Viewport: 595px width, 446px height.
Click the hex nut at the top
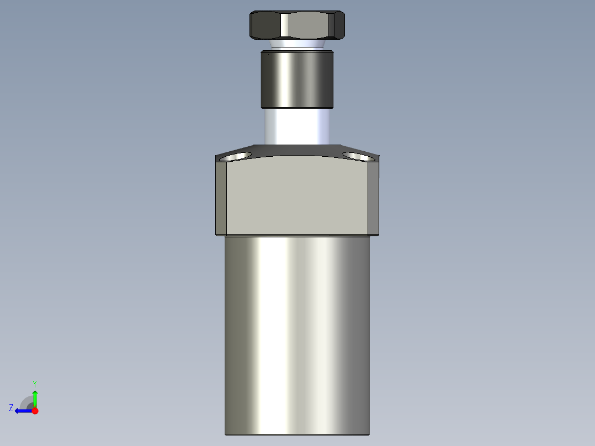pos(297,25)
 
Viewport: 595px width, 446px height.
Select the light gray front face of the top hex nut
pos(310,25)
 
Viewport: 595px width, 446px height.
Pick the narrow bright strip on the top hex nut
pos(284,25)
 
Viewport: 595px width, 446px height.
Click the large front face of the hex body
pos(298,196)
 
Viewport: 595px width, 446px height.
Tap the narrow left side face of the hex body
pos(221,199)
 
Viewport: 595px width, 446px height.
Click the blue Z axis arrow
pos(22,411)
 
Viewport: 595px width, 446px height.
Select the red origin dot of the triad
pos(35,411)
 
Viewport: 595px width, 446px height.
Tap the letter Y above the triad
pos(34,383)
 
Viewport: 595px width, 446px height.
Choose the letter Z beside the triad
pos(11,407)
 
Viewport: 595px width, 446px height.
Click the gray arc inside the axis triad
pos(26,402)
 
